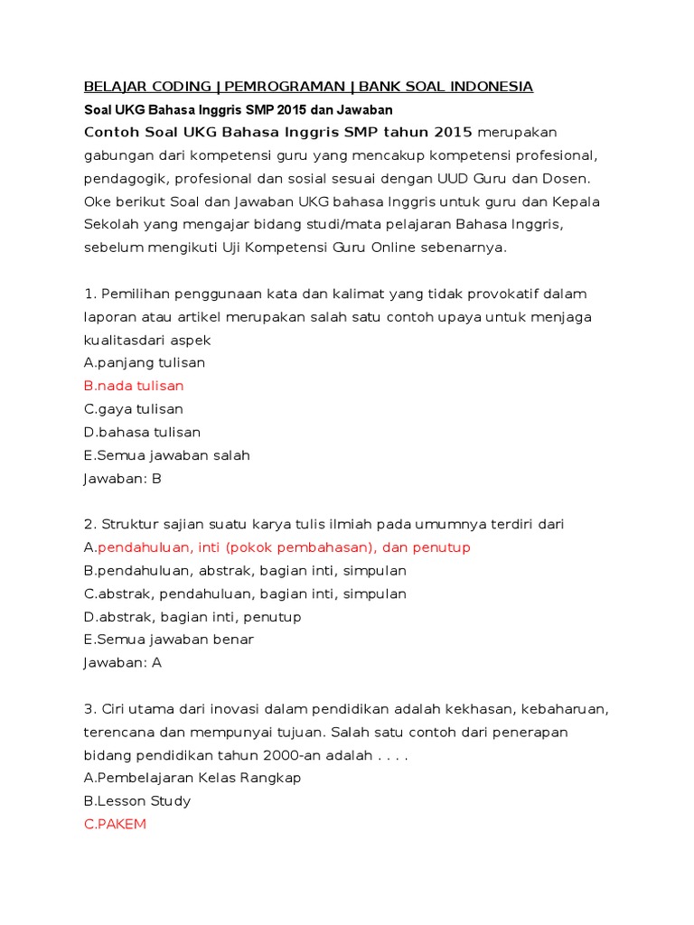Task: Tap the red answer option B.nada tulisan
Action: tap(134, 386)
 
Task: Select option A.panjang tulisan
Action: tap(145, 363)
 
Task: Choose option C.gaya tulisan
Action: tap(134, 409)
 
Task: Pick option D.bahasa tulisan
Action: tap(142, 433)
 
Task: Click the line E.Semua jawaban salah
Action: tap(166, 455)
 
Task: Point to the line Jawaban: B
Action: tap(122, 479)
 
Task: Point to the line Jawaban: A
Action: tap(122, 662)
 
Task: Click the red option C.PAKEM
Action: tap(115, 824)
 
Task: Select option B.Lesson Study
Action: tap(137, 801)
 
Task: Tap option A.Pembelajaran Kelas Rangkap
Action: tap(192, 778)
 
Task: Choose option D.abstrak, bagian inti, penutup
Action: tap(192, 617)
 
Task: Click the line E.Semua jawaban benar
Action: tap(168, 640)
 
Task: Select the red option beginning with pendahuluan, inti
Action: tap(284, 547)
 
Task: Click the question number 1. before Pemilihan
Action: tap(89, 294)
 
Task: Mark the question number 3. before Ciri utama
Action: tap(89, 708)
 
